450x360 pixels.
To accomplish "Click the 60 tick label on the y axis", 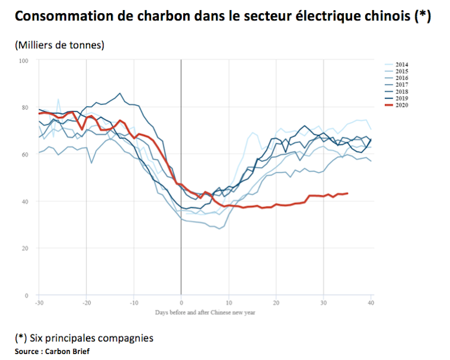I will click(x=25, y=155).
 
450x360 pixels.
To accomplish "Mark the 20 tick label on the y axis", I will click(x=25, y=248).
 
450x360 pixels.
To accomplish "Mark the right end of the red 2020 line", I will click(x=348, y=193).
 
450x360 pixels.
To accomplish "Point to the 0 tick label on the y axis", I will click(x=27, y=296).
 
